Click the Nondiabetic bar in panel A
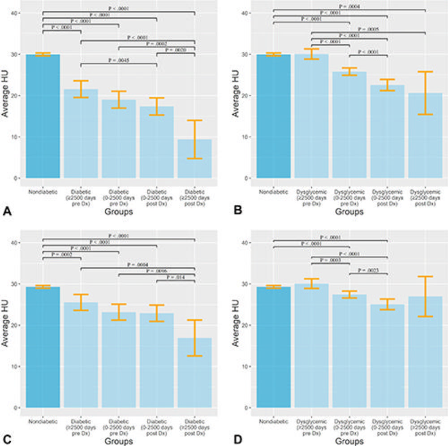pos(43,116)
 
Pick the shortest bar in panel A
pos(194,159)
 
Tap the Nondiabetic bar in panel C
pos(43,347)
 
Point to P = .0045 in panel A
pos(119,60)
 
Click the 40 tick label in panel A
pos(17,13)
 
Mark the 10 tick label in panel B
pos(247,137)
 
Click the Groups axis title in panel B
pos(350,212)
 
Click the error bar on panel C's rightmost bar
pos(194,338)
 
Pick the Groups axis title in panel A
pos(120,212)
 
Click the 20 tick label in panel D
pos(247,326)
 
